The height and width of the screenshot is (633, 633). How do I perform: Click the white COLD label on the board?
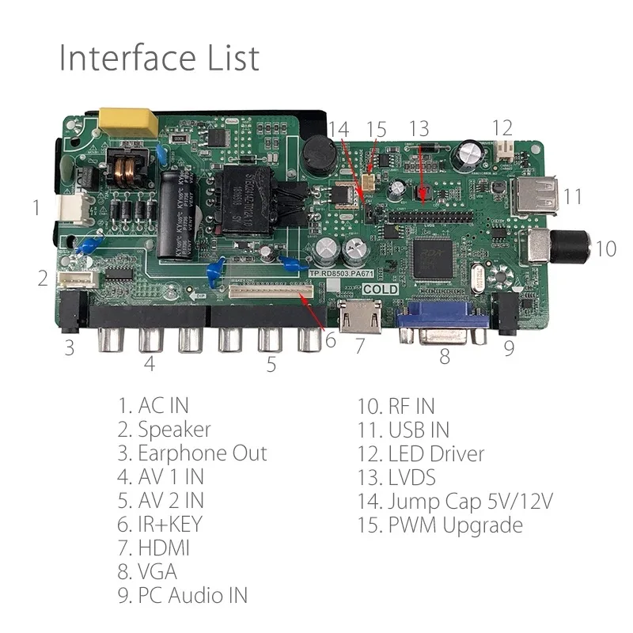381,290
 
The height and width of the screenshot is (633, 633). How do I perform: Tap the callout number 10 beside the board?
605,248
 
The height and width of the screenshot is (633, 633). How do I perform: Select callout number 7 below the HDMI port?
359,345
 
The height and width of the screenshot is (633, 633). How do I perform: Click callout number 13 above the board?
419,128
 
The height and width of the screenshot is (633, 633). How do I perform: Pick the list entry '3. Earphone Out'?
192,453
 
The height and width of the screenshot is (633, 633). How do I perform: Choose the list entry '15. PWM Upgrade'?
440,525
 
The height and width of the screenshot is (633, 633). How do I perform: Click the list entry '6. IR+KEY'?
160,525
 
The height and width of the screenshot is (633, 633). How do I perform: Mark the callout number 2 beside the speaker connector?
43,278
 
